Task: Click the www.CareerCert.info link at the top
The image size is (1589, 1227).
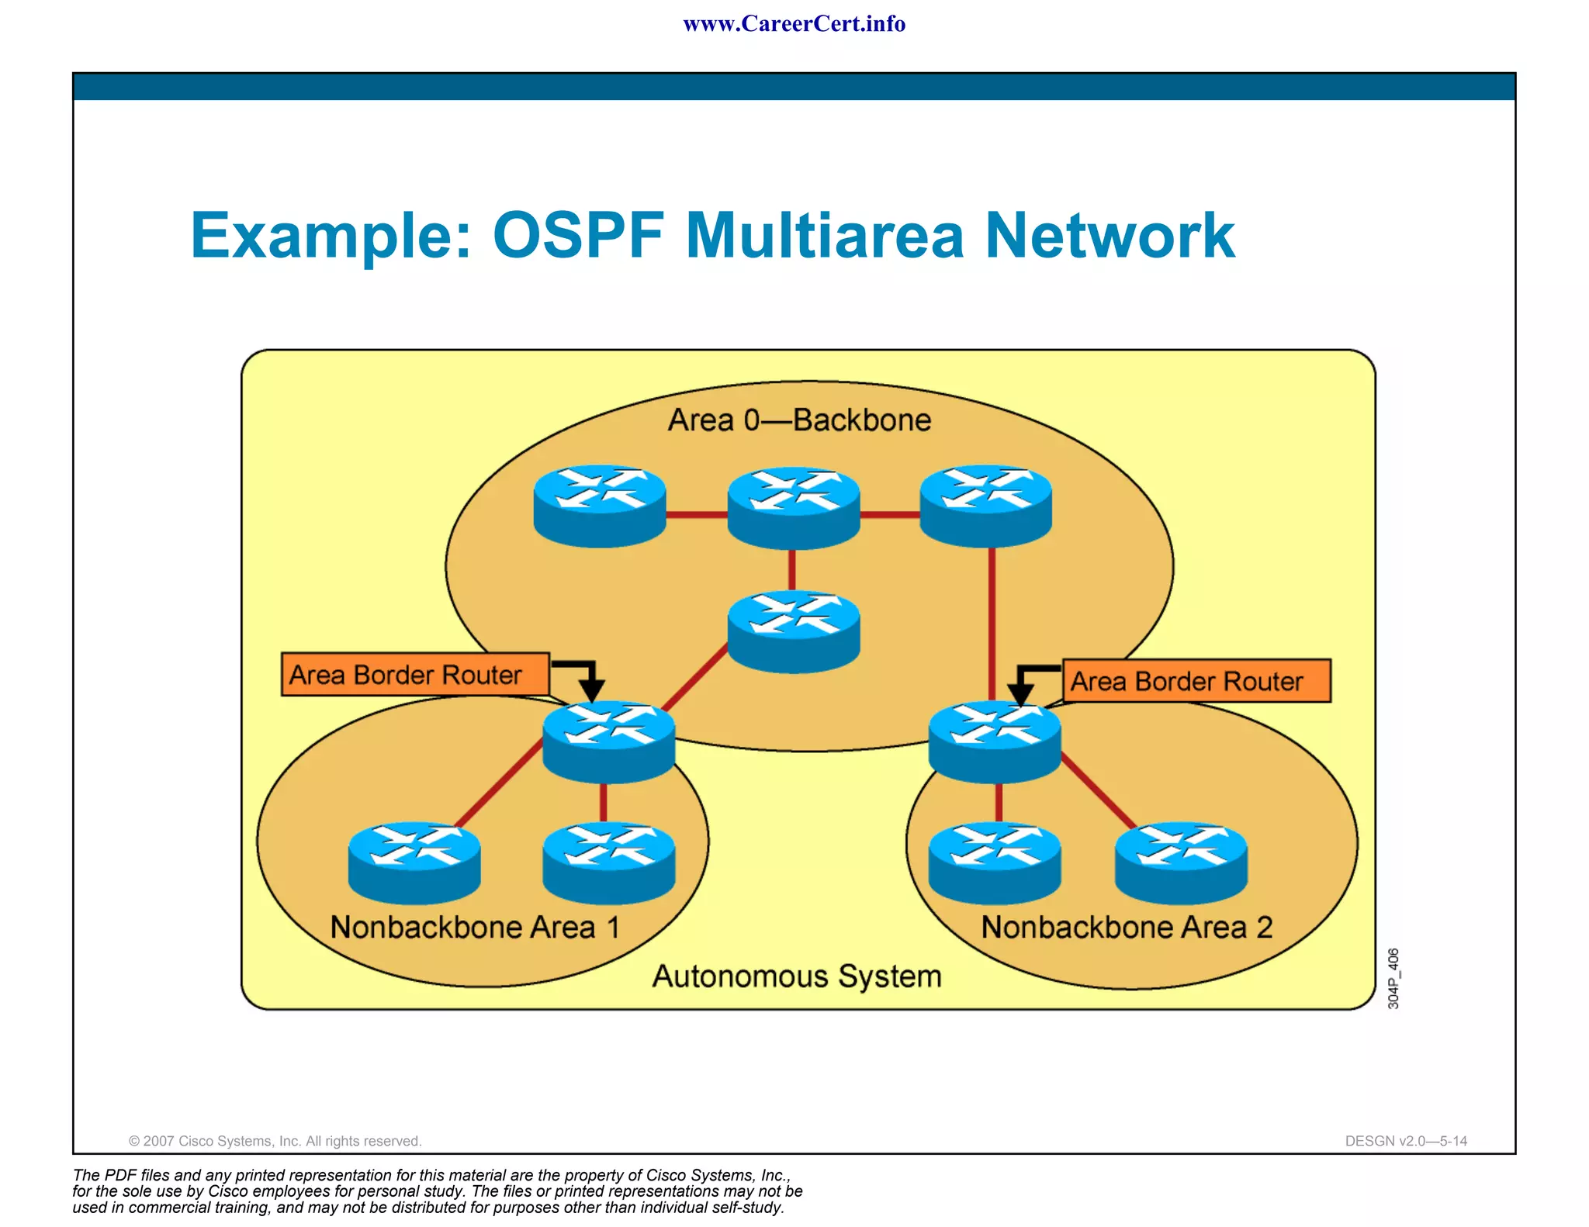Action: (x=794, y=24)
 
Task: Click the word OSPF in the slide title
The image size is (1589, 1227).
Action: (x=578, y=235)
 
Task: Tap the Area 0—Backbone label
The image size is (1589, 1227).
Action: (x=799, y=420)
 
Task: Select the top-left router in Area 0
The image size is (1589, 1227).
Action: (x=600, y=506)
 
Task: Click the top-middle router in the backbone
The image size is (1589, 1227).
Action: (x=793, y=507)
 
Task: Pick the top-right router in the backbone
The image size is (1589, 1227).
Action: (x=985, y=506)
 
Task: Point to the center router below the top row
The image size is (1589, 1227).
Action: (x=793, y=631)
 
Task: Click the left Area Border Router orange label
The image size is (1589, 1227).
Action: (x=415, y=675)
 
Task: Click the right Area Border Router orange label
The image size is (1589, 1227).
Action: (x=1196, y=681)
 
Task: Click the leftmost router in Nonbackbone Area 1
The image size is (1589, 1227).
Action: (x=414, y=862)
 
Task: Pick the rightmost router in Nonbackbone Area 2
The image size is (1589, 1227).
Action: (x=1180, y=862)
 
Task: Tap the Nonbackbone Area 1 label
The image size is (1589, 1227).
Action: (x=475, y=928)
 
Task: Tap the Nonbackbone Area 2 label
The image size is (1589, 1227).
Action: (x=1127, y=928)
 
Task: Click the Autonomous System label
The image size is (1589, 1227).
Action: (x=797, y=976)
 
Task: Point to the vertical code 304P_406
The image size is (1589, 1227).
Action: (x=1393, y=978)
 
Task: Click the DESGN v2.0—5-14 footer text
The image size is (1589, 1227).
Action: (x=1406, y=1141)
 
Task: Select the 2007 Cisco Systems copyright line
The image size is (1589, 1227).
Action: (x=275, y=1141)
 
